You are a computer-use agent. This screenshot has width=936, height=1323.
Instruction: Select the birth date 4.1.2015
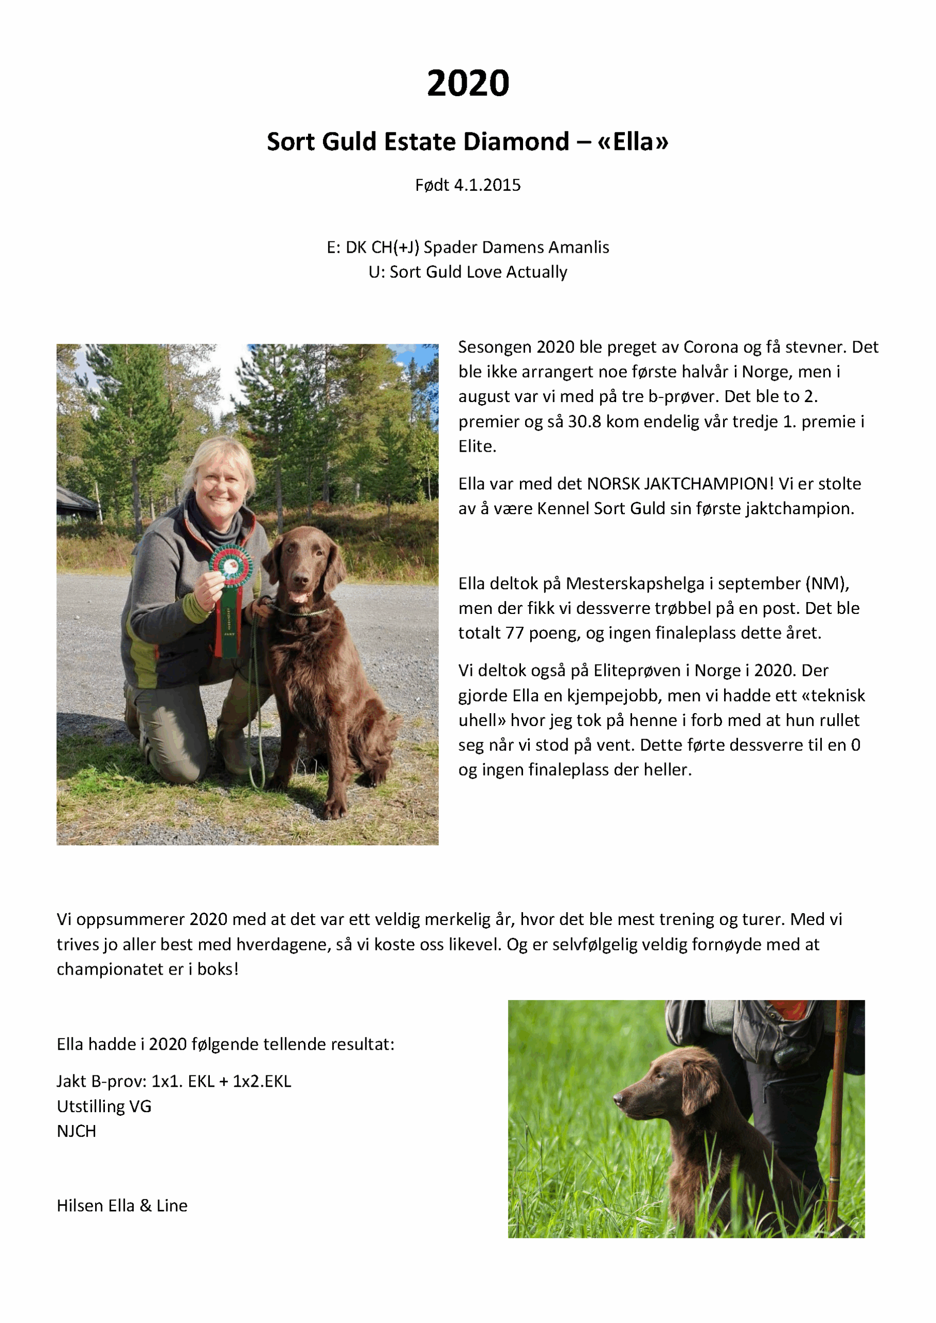(x=487, y=185)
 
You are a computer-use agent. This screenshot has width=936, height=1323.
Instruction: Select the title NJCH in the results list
(x=76, y=1131)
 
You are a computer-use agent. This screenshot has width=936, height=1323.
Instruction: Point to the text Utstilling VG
(x=104, y=1106)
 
